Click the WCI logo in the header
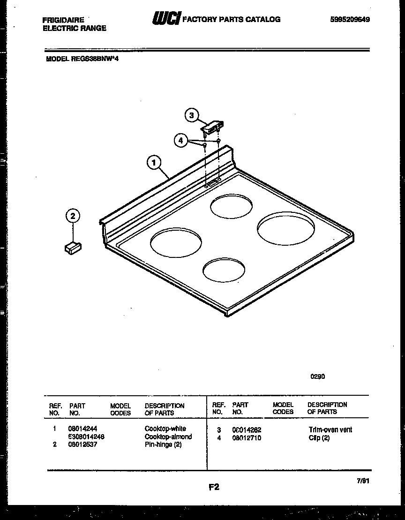165,19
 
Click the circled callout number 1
154,163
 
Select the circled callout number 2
72,216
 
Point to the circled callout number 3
191,115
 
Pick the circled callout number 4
181,140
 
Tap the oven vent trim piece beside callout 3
213,126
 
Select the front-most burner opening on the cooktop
224,271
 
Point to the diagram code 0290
318,376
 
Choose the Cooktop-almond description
168,437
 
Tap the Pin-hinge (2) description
163,445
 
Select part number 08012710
247,438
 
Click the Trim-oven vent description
330,430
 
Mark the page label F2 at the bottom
214,487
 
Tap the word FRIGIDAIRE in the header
63,20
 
